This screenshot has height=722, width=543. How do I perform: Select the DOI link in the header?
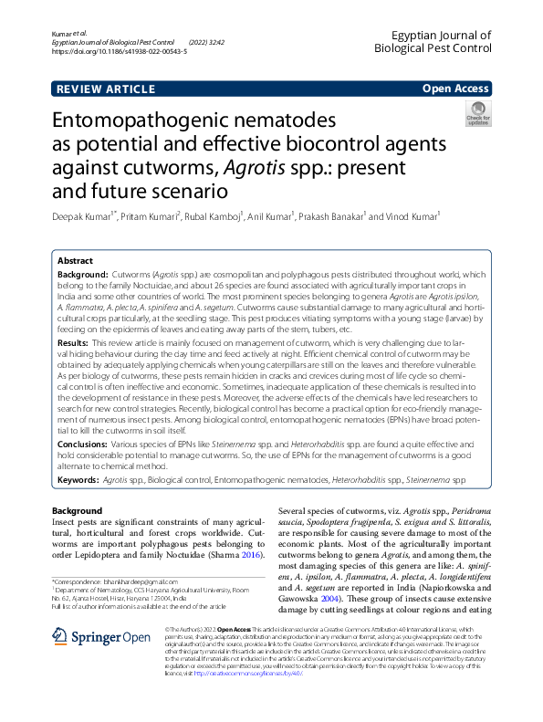[x=120, y=52]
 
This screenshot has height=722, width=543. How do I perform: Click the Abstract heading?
[x=76, y=260]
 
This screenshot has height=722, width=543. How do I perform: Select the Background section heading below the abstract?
[x=78, y=509]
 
